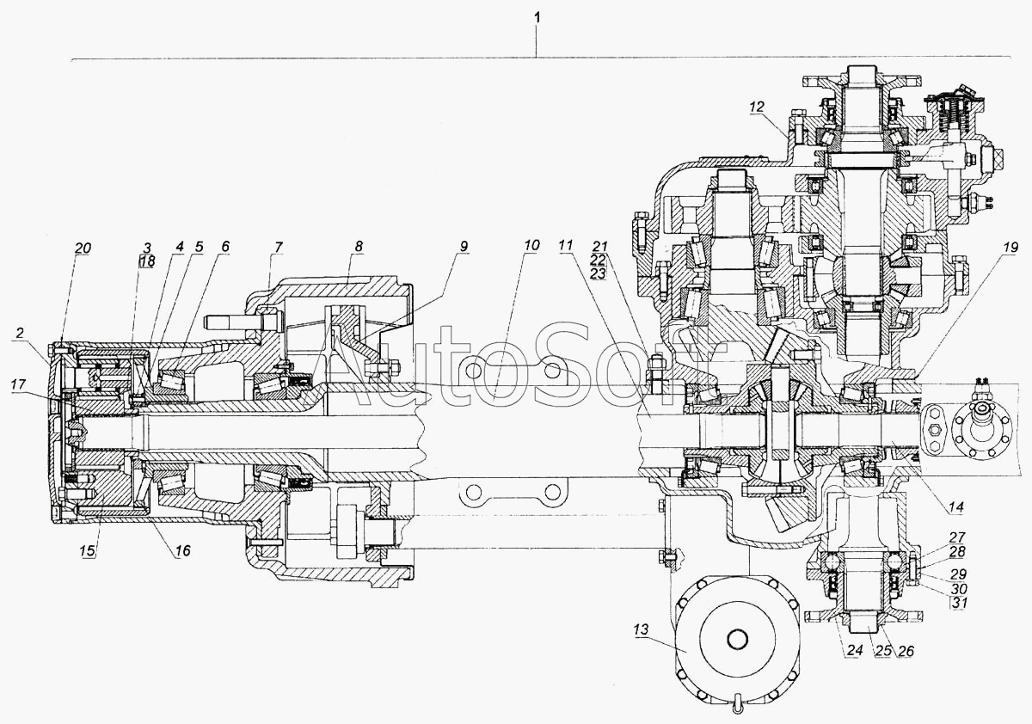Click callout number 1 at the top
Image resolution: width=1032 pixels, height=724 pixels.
coord(538,17)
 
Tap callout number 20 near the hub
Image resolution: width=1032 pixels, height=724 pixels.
coord(82,248)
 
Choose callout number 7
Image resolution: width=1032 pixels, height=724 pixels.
coord(277,248)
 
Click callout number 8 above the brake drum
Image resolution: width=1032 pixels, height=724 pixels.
coord(358,247)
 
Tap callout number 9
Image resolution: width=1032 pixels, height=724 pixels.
coord(464,247)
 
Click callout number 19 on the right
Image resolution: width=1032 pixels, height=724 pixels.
coord(756,107)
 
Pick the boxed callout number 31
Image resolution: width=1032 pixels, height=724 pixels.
coord(959,602)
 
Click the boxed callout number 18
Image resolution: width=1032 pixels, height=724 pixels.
coord(147,261)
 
